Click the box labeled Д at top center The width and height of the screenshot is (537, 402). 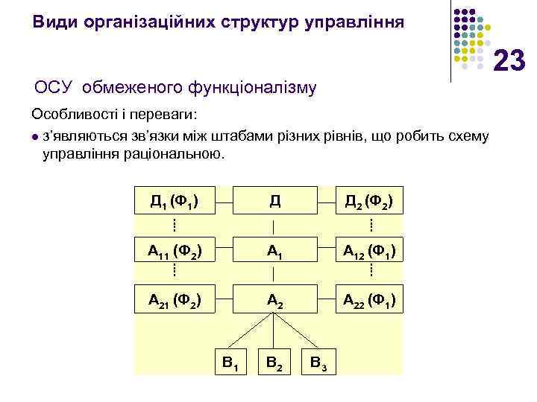(x=274, y=201)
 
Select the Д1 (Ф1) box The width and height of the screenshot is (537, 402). (x=173, y=201)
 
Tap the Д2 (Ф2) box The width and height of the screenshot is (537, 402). (x=369, y=201)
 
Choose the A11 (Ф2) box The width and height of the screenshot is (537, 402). (x=173, y=251)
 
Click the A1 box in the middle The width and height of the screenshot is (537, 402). (x=274, y=251)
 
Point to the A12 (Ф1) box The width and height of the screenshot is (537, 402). (x=369, y=251)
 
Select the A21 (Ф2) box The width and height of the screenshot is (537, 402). (x=173, y=301)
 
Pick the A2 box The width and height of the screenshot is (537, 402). (x=274, y=301)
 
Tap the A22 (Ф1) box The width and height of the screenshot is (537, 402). (x=369, y=301)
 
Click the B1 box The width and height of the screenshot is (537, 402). (x=230, y=364)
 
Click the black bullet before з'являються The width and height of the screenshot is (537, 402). (x=35, y=137)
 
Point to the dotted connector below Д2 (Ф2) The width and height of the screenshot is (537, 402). (x=371, y=225)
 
